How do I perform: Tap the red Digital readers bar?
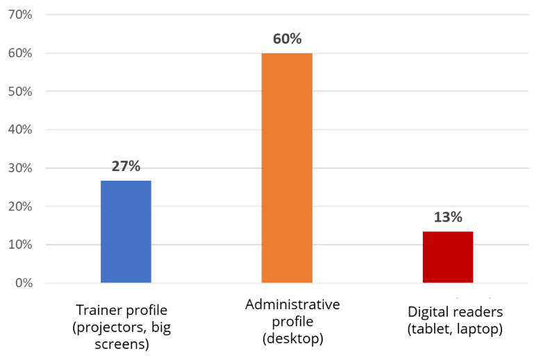pos(448,257)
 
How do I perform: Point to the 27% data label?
pos(126,166)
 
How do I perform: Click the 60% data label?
pos(287,39)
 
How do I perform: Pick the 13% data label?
pos(448,217)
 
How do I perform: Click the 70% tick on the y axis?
pos(19,15)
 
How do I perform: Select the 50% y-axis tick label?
pos(19,92)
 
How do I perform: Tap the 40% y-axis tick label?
pos(19,130)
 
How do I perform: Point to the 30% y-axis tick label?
pos(19,168)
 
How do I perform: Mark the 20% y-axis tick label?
pos(19,206)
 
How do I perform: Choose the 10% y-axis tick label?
pos(19,245)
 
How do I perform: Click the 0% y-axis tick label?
pos(22,283)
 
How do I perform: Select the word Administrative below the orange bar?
pos(292,305)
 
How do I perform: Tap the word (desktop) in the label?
pos(292,340)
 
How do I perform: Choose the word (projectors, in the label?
pos(106,327)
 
